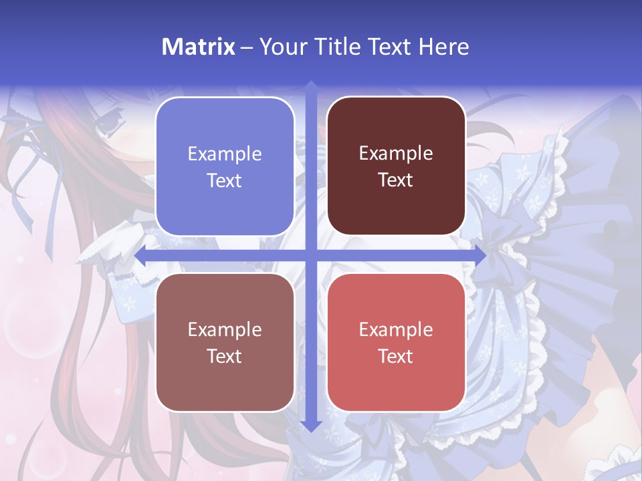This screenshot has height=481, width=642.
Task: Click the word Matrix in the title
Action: tap(199, 47)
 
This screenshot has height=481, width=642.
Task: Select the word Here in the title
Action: tap(444, 47)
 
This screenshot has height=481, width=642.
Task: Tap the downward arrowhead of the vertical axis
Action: tap(311, 426)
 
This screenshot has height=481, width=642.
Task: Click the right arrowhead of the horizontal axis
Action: tap(480, 255)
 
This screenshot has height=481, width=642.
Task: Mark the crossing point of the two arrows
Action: tap(311, 255)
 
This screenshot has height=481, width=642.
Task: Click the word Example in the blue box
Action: tap(225, 154)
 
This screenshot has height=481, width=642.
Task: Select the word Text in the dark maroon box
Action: tap(396, 180)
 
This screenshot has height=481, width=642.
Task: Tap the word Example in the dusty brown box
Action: tap(225, 329)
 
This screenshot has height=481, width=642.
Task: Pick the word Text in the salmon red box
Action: tap(396, 356)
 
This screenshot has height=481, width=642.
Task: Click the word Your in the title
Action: tap(281, 47)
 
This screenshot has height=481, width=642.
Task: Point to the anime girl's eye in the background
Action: tap(108, 124)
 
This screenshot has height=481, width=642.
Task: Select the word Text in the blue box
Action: tap(225, 181)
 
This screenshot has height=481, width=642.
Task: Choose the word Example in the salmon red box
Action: tap(396, 329)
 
